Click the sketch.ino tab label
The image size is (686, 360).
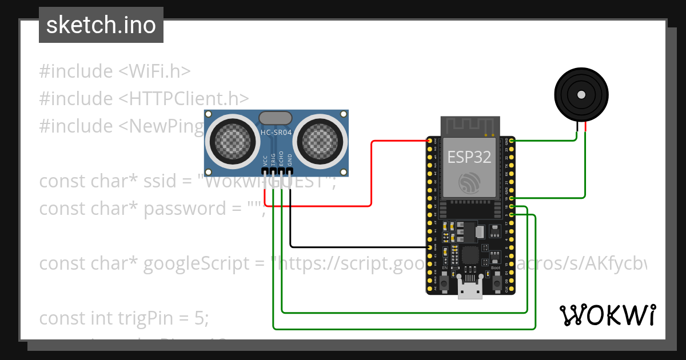tap(101, 25)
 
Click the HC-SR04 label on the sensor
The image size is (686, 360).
tap(277, 132)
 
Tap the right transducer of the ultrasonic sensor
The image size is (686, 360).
tap(322, 138)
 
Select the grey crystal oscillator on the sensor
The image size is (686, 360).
tap(277, 118)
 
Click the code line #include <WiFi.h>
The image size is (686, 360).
tap(115, 71)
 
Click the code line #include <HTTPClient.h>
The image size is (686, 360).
tap(144, 98)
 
